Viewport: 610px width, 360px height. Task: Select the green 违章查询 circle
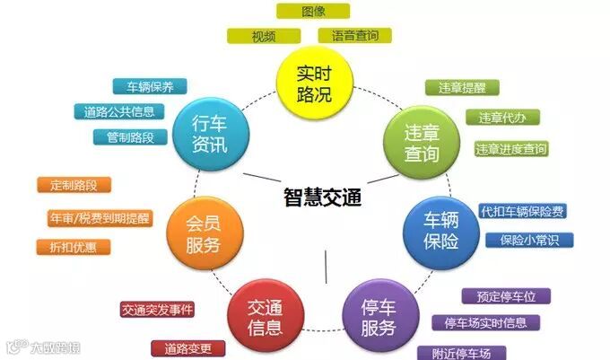(421, 142)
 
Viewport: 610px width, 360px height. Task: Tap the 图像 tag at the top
(313, 11)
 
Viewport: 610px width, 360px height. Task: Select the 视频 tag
(263, 36)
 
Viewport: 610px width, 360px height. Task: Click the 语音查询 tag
(355, 36)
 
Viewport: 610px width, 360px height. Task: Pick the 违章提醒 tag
(461, 88)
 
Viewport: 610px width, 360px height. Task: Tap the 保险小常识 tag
(529, 240)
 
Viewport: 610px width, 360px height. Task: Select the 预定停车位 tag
(506, 295)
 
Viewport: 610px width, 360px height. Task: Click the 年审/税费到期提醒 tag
(100, 217)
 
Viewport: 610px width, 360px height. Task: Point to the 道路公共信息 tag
(119, 112)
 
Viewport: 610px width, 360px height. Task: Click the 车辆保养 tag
(150, 87)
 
